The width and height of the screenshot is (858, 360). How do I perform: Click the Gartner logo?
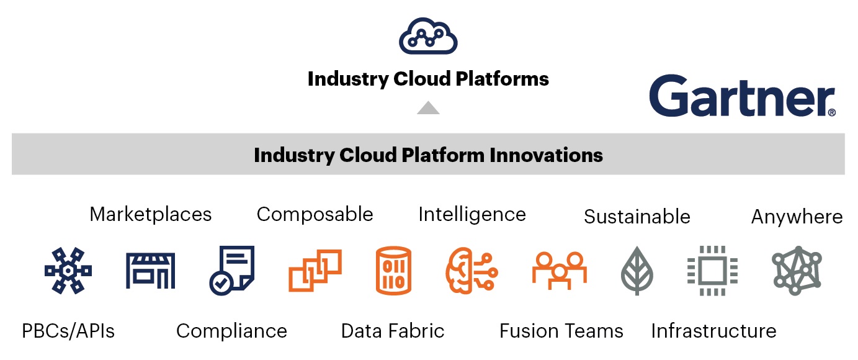(x=742, y=97)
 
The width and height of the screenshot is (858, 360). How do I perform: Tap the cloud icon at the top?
(x=428, y=37)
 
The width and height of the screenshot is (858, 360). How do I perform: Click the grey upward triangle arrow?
(x=428, y=108)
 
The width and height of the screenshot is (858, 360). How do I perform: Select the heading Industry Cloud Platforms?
(x=428, y=79)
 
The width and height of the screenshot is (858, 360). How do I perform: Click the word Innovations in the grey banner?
(x=546, y=154)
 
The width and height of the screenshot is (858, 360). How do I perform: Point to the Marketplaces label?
(x=151, y=214)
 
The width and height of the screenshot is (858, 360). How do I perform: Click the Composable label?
(x=315, y=214)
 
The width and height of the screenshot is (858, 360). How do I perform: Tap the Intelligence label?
(x=472, y=214)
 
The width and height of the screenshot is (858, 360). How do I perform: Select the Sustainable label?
(x=637, y=217)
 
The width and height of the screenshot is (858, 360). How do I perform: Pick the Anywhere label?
(x=797, y=217)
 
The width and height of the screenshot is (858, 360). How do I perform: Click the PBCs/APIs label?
(x=68, y=331)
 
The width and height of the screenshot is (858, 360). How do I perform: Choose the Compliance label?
(x=231, y=331)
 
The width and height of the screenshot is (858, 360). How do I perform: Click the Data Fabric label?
(x=393, y=331)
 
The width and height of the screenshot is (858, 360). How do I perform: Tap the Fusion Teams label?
(x=561, y=331)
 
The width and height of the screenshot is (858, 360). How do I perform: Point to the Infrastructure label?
(x=713, y=331)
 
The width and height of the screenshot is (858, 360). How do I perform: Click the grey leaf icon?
(x=637, y=271)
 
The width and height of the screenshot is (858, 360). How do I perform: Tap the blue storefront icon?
(x=151, y=270)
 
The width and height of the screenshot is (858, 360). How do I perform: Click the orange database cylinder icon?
(x=393, y=270)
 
